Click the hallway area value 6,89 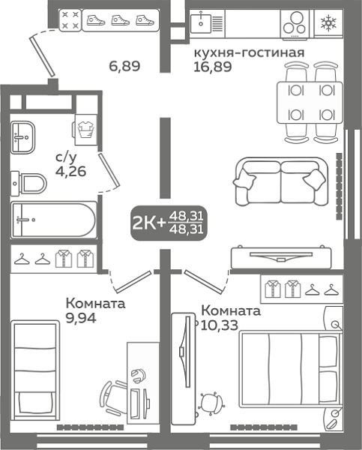coord(124,66)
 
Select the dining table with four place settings coord(307,102)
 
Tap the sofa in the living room coord(280,180)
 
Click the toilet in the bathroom coord(30,181)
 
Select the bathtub coord(52,220)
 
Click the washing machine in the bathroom coord(84,128)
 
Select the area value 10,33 coord(218,323)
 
